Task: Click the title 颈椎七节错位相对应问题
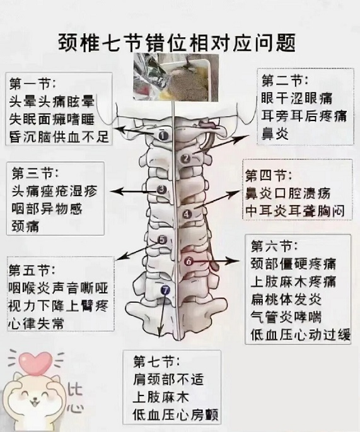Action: (x=177, y=43)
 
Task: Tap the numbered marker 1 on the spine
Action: (x=163, y=135)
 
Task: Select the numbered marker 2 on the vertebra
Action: (x=186, y=158)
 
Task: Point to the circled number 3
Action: (x=162, y=189)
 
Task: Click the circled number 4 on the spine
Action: (x=187, y=214)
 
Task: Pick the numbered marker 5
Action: (x=163, y=240)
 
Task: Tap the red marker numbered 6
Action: (x=189, y=261)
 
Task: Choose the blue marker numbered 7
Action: (x=165, y=290)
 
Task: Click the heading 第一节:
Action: (x=32, y=83)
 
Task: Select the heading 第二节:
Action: (x=284, y=81)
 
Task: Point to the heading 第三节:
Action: (x=35, y=173)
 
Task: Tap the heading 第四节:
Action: (x=269, y=175)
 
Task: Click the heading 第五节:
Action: (x=32, y=271)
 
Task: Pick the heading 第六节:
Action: (x=274, y=245)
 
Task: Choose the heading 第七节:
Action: (x=157, y=361)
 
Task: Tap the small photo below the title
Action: (x=176, y=78)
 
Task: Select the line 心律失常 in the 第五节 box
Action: (x=36, y=323)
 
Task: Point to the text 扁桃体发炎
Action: (x=286, y=299)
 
